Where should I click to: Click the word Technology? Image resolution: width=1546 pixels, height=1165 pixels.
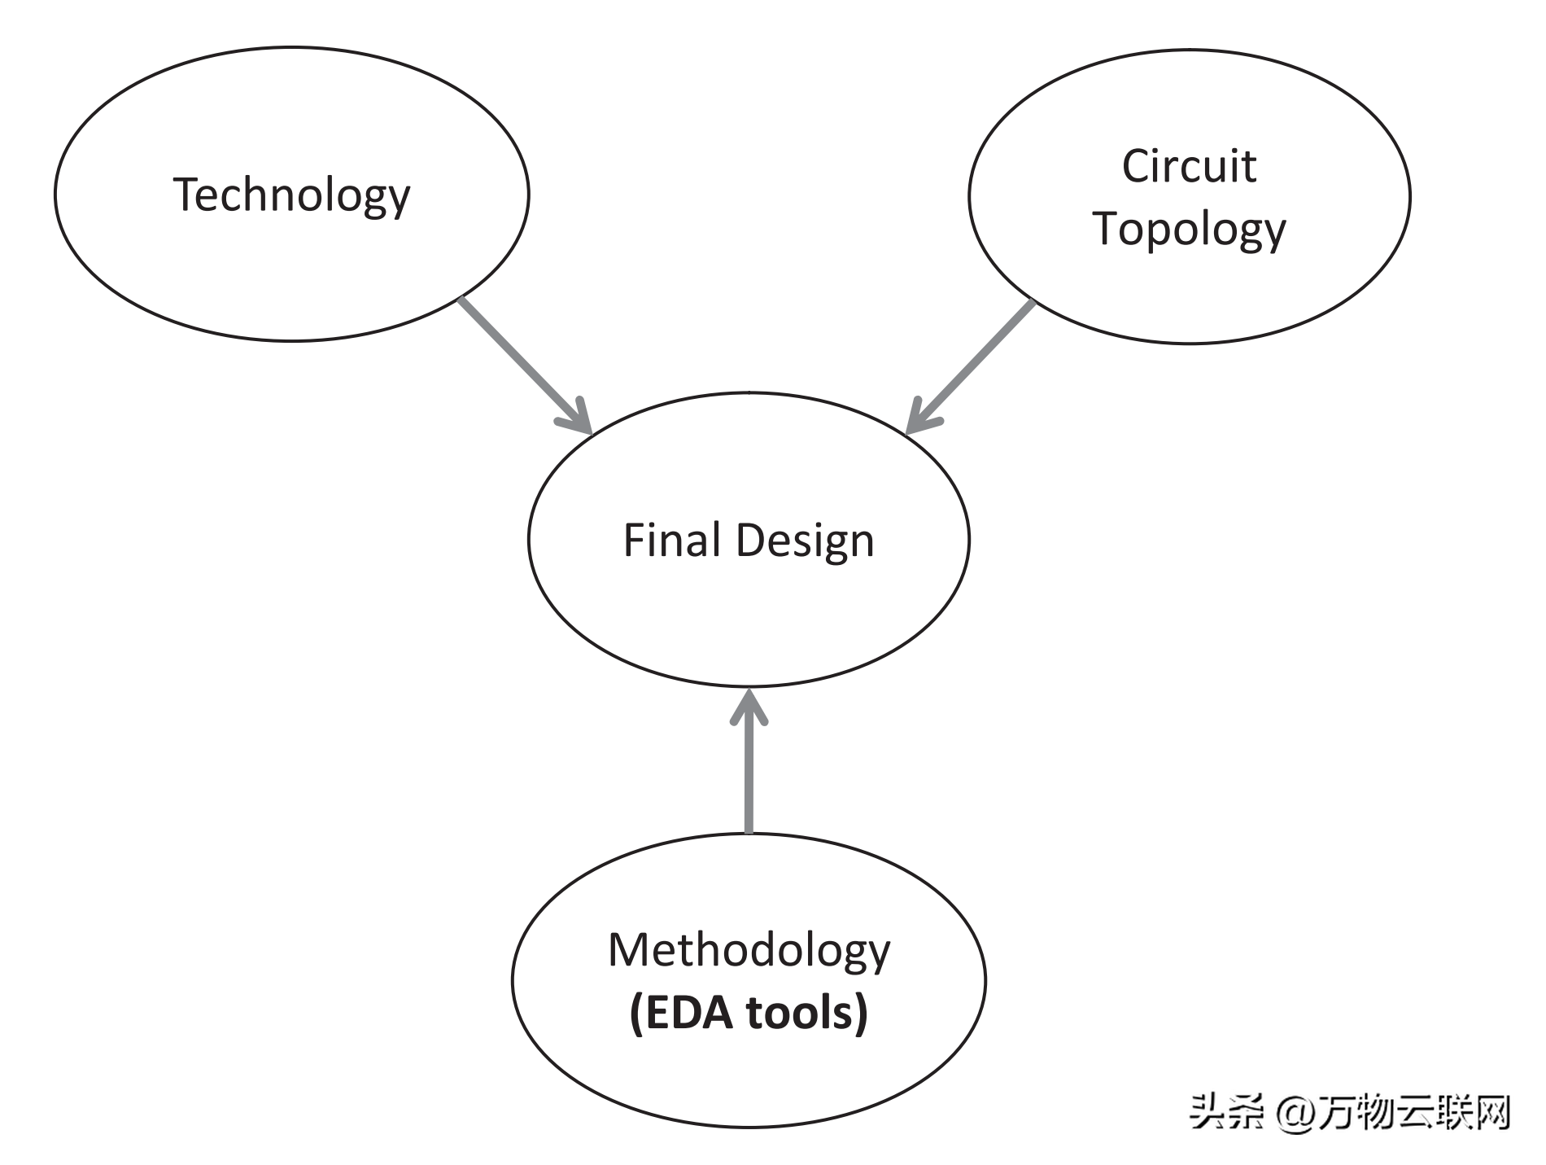point(291,195)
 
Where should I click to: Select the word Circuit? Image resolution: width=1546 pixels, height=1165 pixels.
point(1189,167)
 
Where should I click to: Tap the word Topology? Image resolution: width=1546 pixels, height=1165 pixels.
point(1189,229)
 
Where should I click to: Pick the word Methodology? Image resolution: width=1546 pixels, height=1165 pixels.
point(749,951)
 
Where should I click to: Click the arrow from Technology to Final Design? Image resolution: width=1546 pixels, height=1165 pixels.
point(521,362)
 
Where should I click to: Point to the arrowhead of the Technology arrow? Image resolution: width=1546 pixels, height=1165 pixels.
point(579,419)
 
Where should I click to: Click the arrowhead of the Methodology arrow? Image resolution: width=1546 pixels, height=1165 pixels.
point(749,704)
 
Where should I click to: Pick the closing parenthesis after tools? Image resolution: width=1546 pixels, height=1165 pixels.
point(861,1014)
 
